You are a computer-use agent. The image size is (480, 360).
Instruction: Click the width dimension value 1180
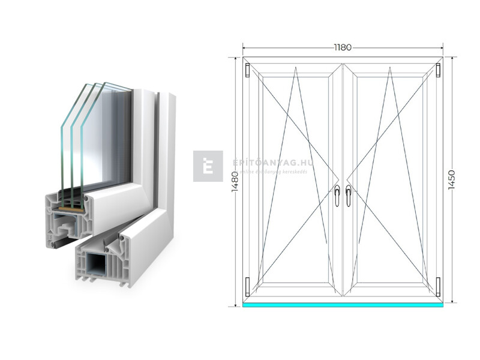click(x=343, y=47)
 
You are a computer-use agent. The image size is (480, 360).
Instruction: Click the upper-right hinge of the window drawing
click(x=439, y=70)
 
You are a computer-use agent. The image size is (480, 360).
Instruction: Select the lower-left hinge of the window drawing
click(x=247, y=286)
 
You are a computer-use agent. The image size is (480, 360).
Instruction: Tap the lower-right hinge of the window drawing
click(x=439, y=286)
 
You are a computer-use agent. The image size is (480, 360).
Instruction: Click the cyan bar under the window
click(x=343, y=304)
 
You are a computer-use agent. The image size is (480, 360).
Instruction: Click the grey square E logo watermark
click(x=208, y=166)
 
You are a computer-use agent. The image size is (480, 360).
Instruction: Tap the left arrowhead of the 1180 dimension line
click(x=244, y=47)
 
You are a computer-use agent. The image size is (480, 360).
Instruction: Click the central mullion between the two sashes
click(x=343, y=180)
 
